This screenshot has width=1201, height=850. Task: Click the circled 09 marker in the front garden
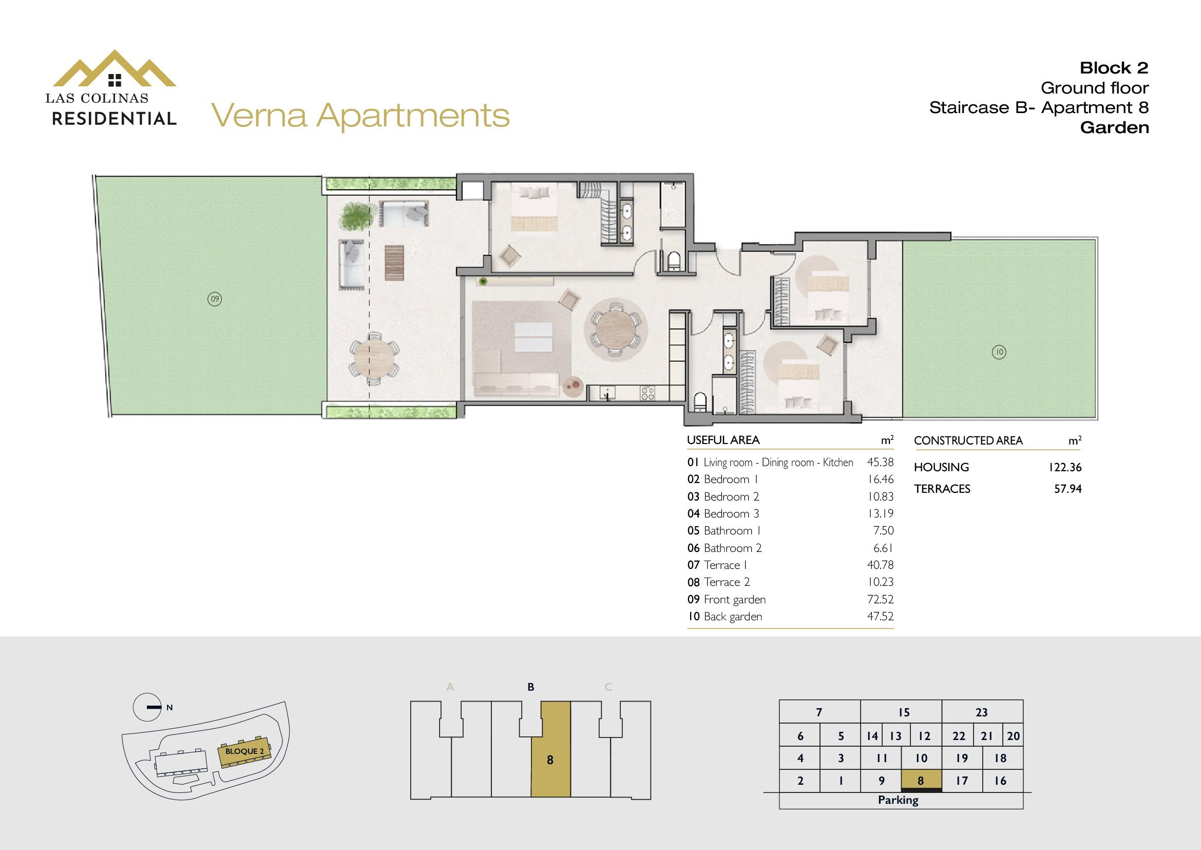coord(215,300)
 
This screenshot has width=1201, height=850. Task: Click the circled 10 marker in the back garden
coord(999,352)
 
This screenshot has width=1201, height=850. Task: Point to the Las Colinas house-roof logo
coord(115,68)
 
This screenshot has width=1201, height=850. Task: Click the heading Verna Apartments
coord(360,116)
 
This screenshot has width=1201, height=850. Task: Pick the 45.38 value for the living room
coord(881,462)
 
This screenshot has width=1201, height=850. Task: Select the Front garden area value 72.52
coord(881,599)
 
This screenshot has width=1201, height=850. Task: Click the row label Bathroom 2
coord(732,548)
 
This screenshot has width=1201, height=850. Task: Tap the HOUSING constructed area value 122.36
coord(1065,467)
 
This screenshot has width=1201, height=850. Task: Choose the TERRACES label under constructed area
coord(942,489)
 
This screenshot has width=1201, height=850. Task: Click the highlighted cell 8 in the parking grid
coord(921,781)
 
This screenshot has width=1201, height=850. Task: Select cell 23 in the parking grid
coord(982,712)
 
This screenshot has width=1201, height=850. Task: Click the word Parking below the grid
coord(898,800)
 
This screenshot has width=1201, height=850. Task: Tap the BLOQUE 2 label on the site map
coord(244,752)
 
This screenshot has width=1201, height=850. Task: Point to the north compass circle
coord(147,707)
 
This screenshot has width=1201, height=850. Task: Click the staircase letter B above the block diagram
coord(531,687)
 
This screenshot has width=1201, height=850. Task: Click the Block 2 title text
coord(1114,68)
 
